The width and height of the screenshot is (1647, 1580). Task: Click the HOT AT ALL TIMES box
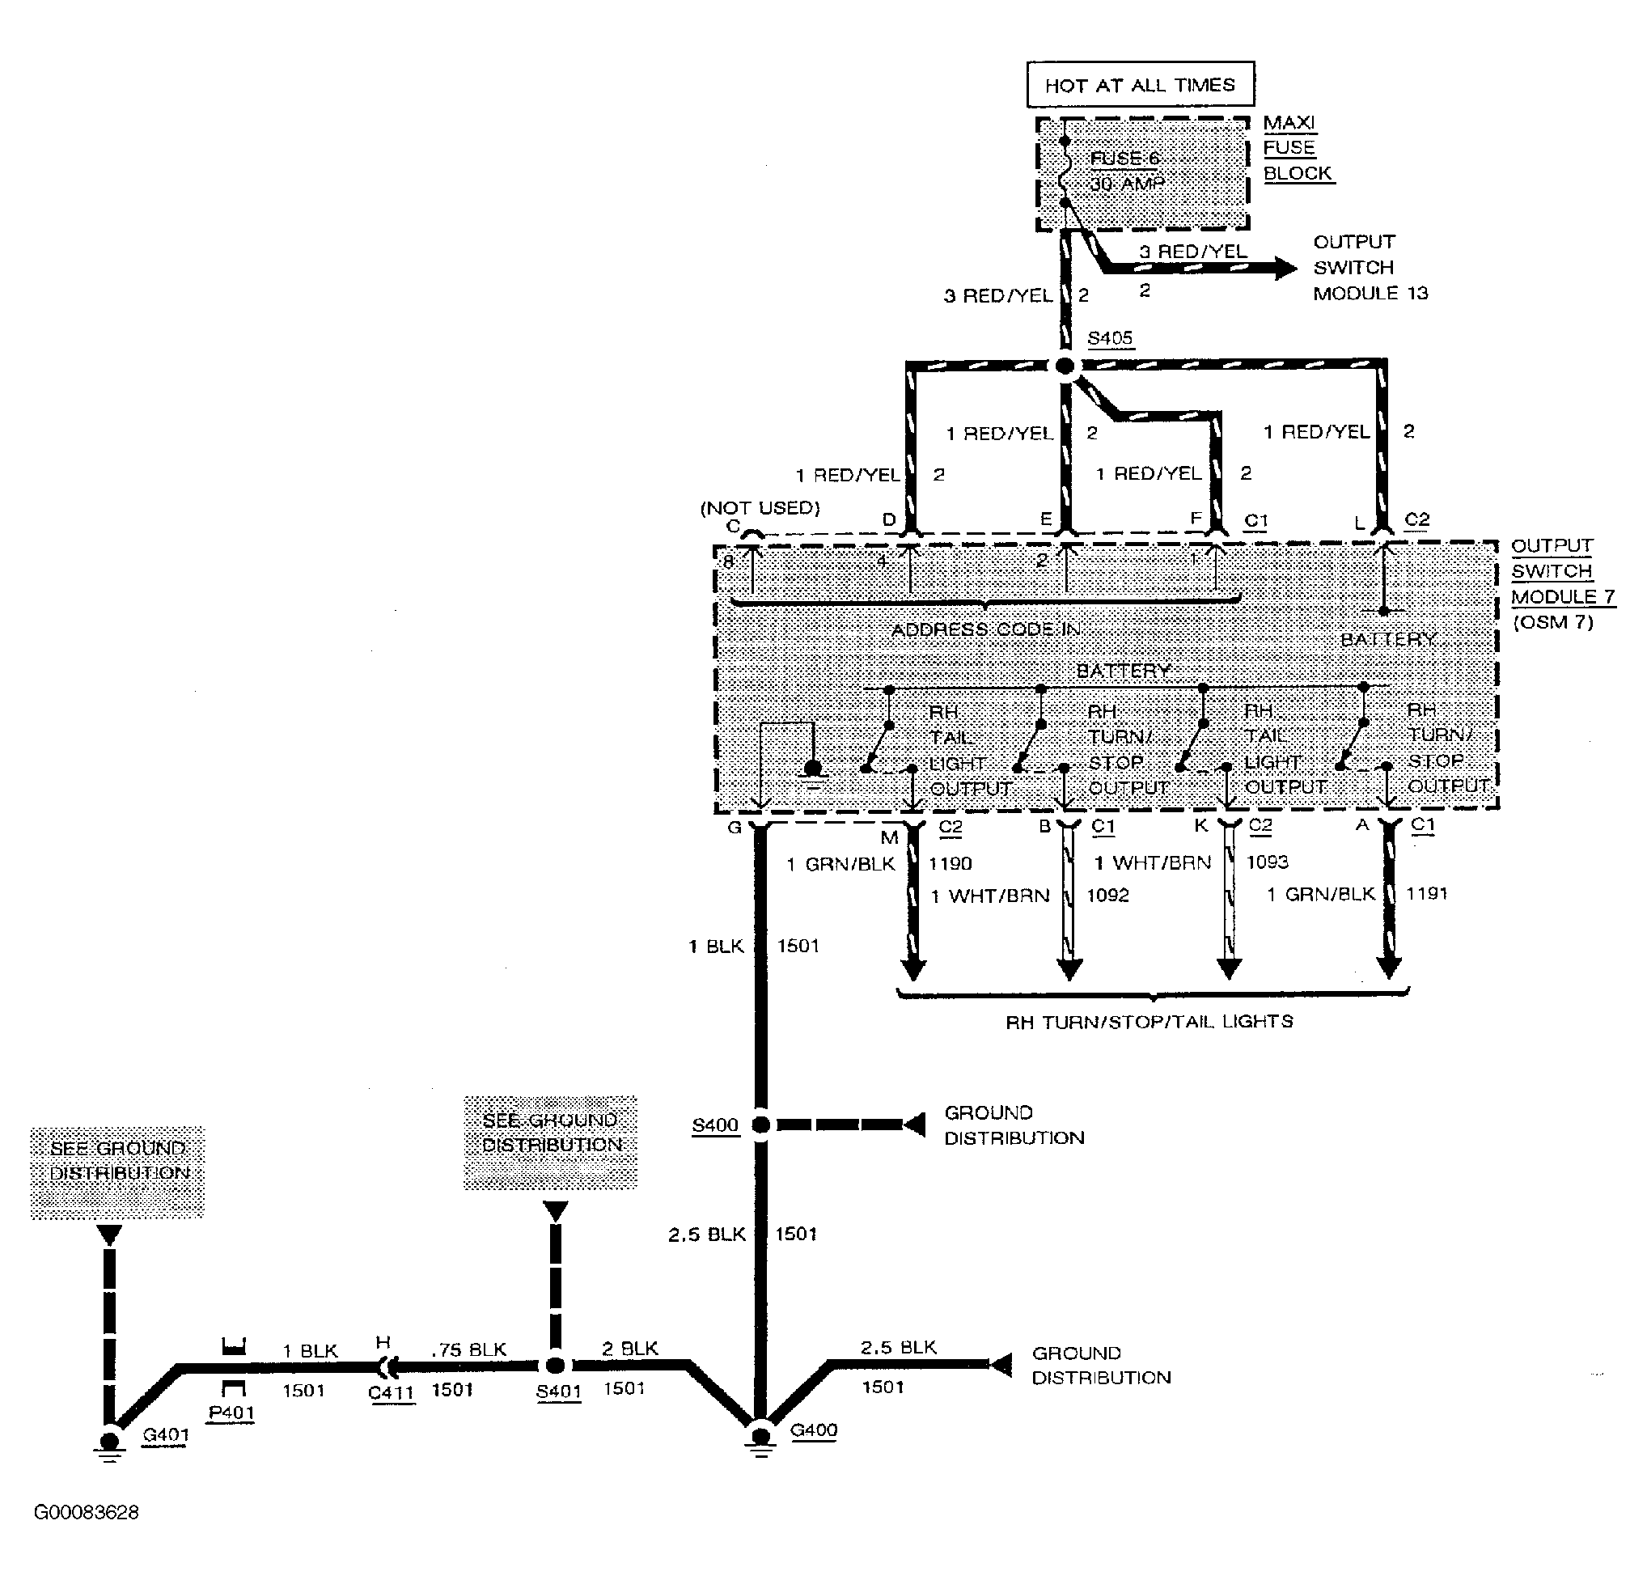tap(1140, 85)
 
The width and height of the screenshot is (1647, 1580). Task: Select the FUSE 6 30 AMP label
tap(1126, 172)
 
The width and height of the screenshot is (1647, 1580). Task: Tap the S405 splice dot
tap(1065, 366)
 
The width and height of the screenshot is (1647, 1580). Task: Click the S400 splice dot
tap(760, 1125)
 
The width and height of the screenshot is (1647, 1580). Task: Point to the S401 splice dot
tap(556, 1365)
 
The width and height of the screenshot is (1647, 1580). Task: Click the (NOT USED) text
tap(760, 507)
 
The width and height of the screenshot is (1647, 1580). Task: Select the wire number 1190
tap(950, 863)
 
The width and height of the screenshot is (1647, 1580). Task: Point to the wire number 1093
tap(1267, 862)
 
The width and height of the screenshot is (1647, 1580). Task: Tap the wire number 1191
tap(1427, 893)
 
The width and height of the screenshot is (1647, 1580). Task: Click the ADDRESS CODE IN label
tap(985, 629)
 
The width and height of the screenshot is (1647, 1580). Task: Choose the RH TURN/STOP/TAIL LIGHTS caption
tap(1149, 1022)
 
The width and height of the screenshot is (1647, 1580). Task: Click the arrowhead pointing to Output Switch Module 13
tap(1285, 268)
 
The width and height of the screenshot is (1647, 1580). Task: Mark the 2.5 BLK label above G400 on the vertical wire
tap(707, 1234)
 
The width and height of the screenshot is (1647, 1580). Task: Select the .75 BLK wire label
tap(469, 1349)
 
